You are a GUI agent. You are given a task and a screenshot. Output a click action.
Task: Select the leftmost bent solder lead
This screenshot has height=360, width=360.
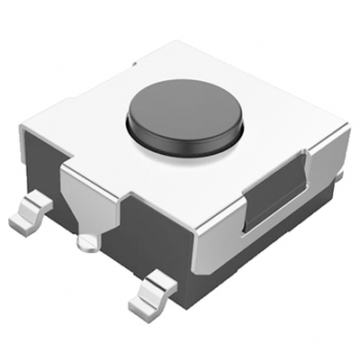[x=31, y=212]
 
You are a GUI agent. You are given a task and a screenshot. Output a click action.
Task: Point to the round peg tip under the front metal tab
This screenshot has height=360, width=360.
[x=88, y=242]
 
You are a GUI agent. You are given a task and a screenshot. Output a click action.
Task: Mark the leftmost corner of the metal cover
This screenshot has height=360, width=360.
[x=22, y=126]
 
